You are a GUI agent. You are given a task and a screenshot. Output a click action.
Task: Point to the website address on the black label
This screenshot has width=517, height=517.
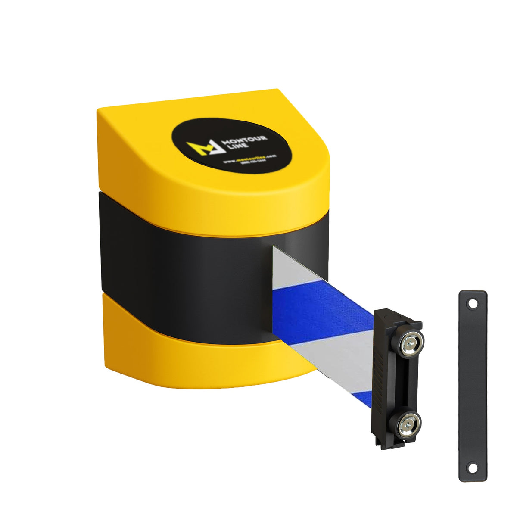pyautogui.click(x=249, y=159)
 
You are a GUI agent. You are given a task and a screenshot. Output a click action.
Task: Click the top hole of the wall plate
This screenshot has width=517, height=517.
pyautogui.click(x=473, y=304)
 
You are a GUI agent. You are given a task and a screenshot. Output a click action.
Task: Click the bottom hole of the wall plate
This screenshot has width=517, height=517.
pyautogui.click(x=473, y=468)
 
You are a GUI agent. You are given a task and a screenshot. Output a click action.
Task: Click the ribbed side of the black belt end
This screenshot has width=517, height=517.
pyautogui.click(x=382, y=375)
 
